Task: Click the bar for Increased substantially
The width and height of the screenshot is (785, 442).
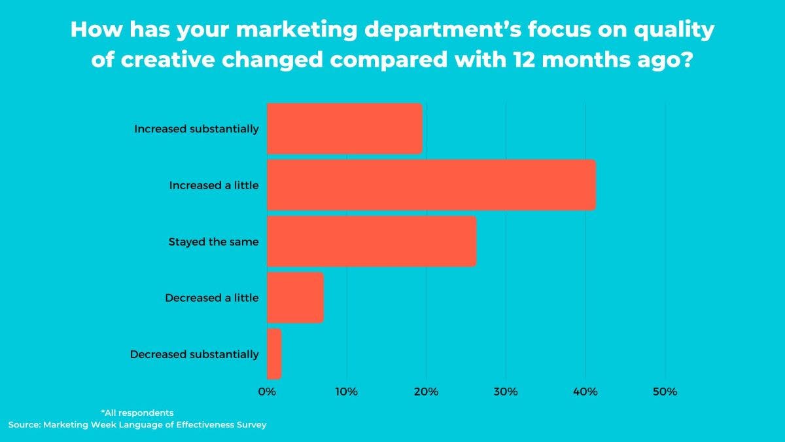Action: point(344,128)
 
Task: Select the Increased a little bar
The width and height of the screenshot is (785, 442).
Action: point(431,185)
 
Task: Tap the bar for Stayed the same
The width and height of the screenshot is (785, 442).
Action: point(372,241)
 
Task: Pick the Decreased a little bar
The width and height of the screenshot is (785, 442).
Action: point(295,297)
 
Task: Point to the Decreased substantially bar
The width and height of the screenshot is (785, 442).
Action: point(274,354)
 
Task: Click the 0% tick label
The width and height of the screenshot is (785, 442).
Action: point(267,392)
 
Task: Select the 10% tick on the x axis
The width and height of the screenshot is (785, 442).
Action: point(347,392)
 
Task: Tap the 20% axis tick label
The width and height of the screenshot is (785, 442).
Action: point(427,392)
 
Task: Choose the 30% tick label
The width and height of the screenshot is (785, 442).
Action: point(506,392)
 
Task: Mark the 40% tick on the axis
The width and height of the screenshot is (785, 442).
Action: point(585,392)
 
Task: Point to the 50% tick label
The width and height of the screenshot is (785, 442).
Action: point(665,392)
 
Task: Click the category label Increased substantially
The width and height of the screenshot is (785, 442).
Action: point(196,129)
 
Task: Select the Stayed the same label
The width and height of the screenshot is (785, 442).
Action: point(213,242)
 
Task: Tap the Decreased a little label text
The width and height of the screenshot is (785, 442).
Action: point(211,298)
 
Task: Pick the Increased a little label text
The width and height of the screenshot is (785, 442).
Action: point(214,185)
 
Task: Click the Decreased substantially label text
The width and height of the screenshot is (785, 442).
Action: point(194,354)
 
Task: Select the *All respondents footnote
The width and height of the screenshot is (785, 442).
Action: point(137,413)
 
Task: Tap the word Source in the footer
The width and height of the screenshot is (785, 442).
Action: point(24,425)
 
